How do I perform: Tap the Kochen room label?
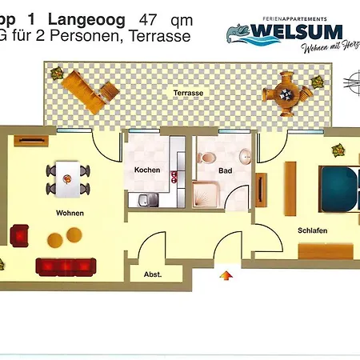pyautogui.click(x=147, y=170)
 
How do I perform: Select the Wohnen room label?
pyautogui.click(x=70, y=213)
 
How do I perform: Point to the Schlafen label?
pyautogui.click(x=313, y=230)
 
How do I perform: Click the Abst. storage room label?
pyautogui.click(x=152, y=274)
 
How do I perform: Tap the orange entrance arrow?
pyautogui.click(x=226, y=275)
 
